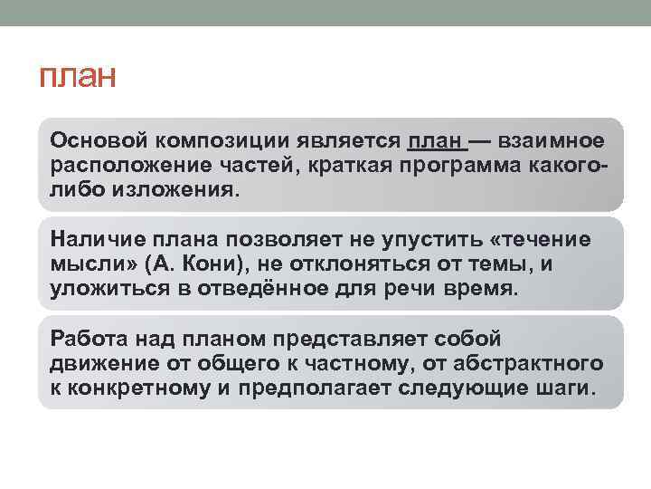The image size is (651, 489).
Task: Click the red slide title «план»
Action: click(x=77, y=76)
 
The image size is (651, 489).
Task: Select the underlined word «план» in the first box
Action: click(x=434, y=140)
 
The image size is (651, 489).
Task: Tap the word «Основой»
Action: click(x=99, y=140)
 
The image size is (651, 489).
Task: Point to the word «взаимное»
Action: click(x=551, y=140)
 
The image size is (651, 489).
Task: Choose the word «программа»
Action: click(x=460, y=167)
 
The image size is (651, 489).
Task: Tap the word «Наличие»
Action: click(x=98, y=239)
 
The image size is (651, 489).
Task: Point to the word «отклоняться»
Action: click(x=359, y=264)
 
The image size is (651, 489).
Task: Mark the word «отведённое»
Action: click(x=263, y=288)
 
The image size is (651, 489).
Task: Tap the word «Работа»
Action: click(x=89, y=339)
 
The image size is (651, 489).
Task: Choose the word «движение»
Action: click(x=104, y=364)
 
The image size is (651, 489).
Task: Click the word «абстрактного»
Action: click(x=528, y=363)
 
